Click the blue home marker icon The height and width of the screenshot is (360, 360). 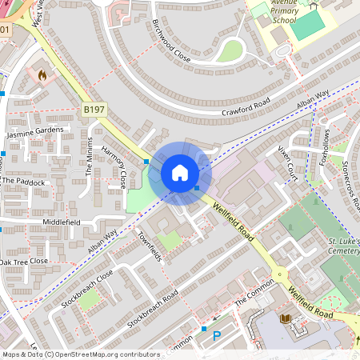180,173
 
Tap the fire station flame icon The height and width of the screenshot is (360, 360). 42,74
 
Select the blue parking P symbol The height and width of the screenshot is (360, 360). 217,338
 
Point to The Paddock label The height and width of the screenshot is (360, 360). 23,182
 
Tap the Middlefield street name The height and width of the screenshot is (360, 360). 62,220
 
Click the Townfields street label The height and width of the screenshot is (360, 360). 150,247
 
